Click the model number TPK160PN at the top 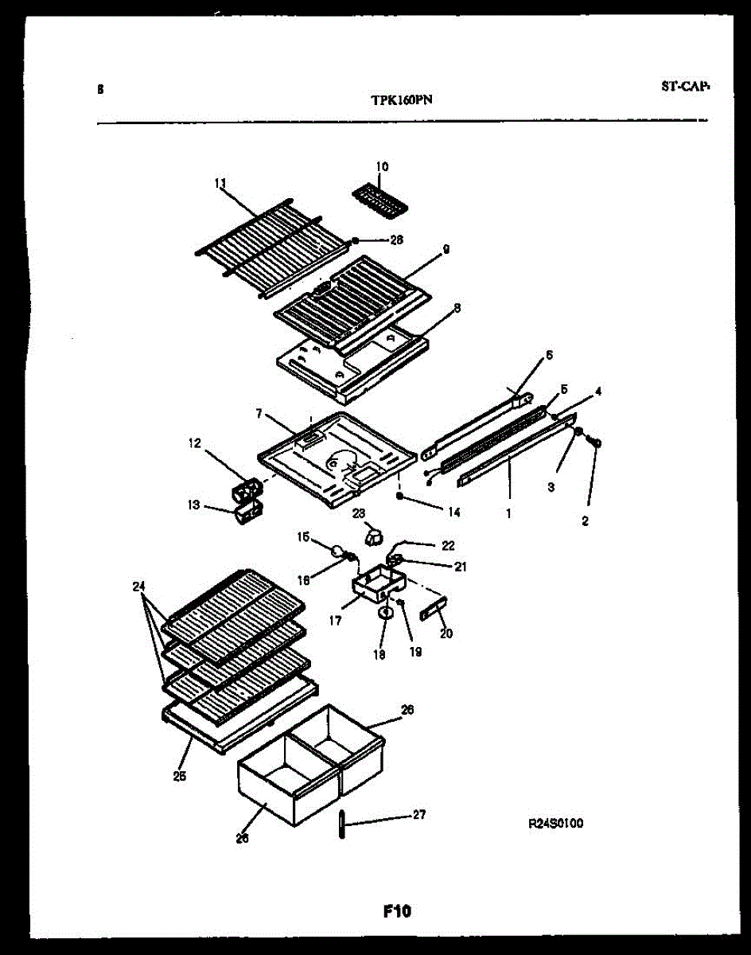coord(402,100)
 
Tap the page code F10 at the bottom coord(395,911)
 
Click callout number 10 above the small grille coord(382,167)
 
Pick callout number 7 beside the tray coord(259,415)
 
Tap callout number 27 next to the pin coord(418,814)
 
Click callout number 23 coord(358,513)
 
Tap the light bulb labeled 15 coord(339,549)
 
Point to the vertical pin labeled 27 coord(340,824)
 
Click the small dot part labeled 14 coord(399,496)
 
